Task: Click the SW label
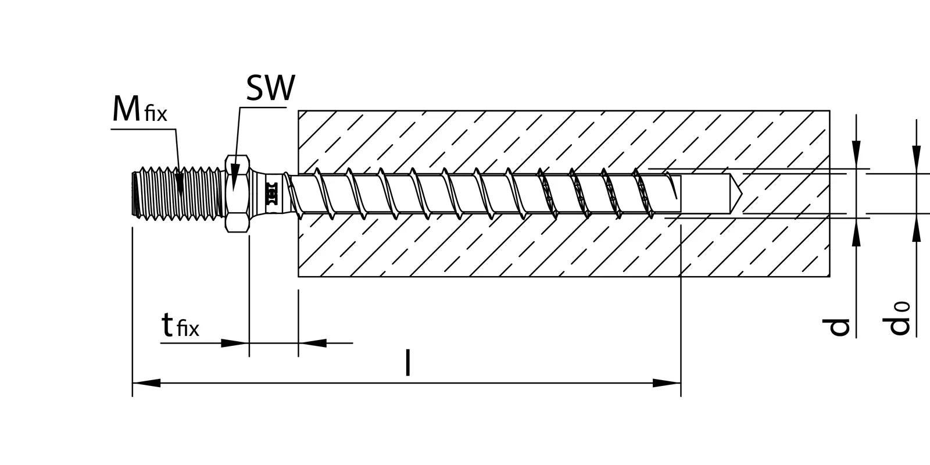pyautogui.click(x=270, y=89)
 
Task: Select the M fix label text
pyautogui.click(x=139, y=110)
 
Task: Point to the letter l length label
pyautogui.click(x=408, y=363)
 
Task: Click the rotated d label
pyautogui.click(x=839, y=327)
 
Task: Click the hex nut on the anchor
pyautogui.click(x=237, y=194)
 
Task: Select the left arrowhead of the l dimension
pyautogui.click(x=146, y=383)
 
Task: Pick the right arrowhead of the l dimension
pyautogui.click(x=667, y=383)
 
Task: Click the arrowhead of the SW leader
pyautogui.click(x=235, y=181)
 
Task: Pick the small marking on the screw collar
pyautogui.click(x=270, y=194)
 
